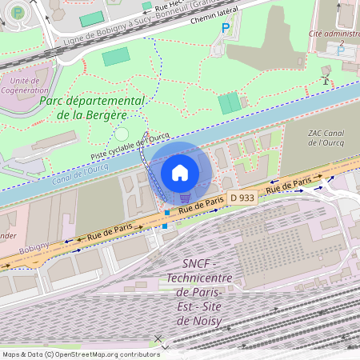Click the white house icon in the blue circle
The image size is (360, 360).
coord(180,172)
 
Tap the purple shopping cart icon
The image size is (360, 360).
coord(185,198)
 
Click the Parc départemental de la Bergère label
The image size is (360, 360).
coord(91,108)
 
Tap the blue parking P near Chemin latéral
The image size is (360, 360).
coord(225,29)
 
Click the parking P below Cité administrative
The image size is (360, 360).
coord(342,50)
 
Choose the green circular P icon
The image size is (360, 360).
coord(18,13)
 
